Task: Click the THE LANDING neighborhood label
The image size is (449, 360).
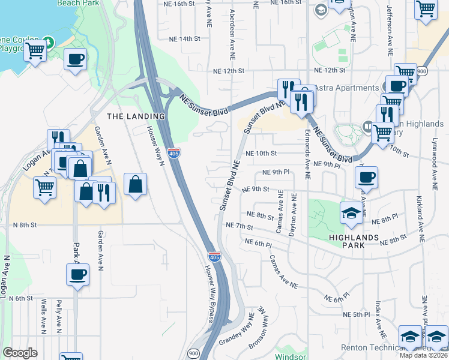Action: point(135,116)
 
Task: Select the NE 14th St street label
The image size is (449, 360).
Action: point(181,38)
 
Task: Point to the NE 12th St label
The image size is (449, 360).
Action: point(229,71)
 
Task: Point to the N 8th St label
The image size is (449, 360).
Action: point(25,224)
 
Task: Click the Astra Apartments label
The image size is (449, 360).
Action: point(349,88)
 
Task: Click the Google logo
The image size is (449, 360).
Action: point(20,353)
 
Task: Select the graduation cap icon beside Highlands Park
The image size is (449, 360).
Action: point(351,212)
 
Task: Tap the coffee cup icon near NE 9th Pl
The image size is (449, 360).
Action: point(366,177)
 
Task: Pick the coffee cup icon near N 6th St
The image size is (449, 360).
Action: point(77,275)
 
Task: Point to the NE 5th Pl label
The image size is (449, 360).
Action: point(356,314)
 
